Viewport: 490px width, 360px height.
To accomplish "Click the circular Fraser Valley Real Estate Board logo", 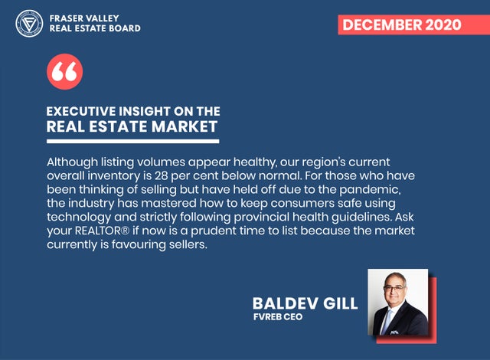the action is (29, 24).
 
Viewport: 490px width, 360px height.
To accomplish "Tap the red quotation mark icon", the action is (64, 71).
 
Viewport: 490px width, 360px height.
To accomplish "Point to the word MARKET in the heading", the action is (185, 126).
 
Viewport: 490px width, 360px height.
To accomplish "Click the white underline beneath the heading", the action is (132, 141).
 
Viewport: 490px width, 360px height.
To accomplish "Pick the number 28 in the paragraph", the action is (162, 175).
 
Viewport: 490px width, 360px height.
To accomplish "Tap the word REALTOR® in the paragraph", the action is (102, 231).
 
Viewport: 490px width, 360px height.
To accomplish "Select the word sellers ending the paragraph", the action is (188, 244).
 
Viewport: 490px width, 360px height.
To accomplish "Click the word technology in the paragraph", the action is (79, 218).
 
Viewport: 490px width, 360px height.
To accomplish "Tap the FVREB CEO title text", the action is (278, 317).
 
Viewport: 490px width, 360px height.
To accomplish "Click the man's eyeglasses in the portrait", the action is (394, 289).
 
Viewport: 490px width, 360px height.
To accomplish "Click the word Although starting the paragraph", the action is (72, 162).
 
